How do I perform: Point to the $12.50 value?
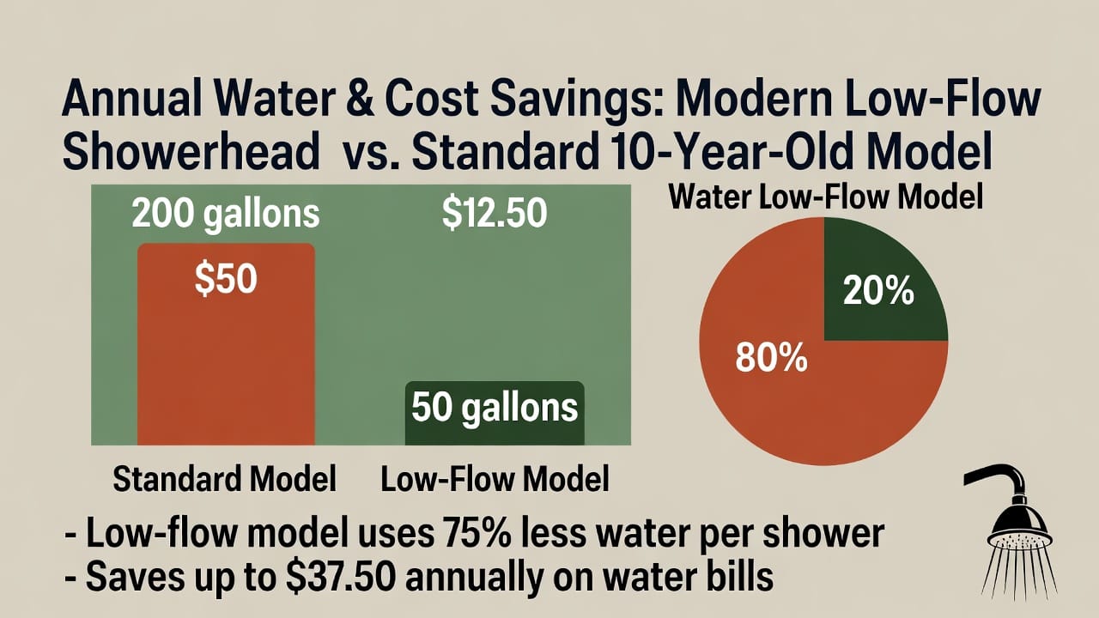[494, 214]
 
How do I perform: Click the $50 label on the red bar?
[226, 280]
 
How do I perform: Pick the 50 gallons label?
[494, 408]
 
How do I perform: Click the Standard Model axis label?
[224, 479]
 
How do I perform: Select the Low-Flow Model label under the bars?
[495, 479]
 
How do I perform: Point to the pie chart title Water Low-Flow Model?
[825, 198]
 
